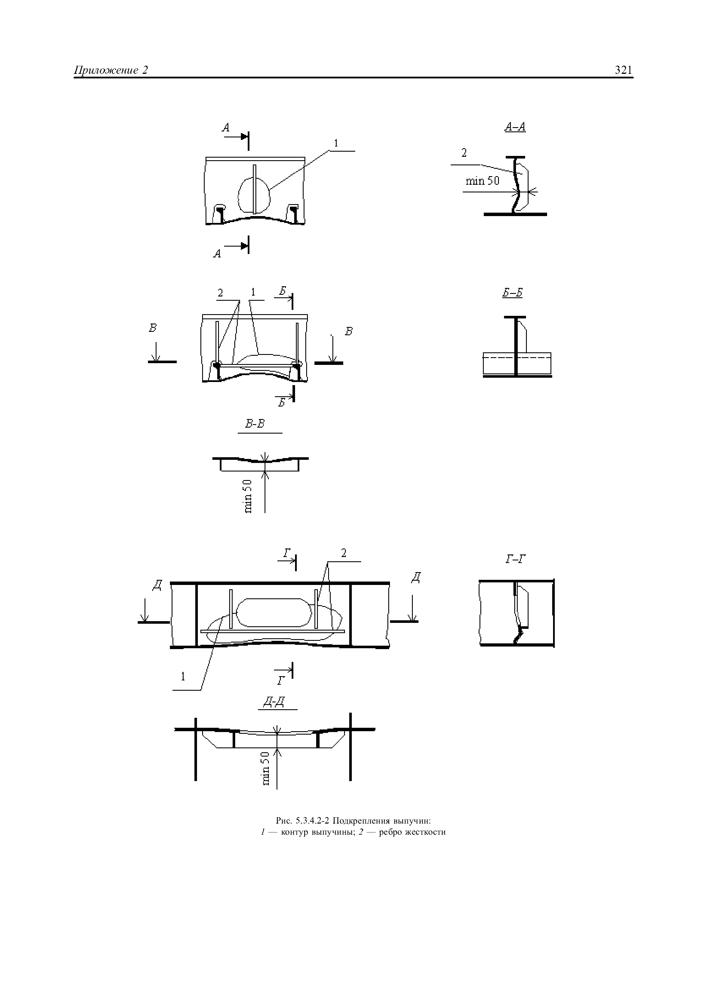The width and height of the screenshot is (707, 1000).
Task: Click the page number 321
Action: tap(623, 70)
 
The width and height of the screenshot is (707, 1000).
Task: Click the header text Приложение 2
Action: tap(111, 70)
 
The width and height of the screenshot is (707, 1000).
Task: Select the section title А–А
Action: tap(515, 127)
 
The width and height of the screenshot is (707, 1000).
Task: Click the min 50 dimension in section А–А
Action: tap(482, 181)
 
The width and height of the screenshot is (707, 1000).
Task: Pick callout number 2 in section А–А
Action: tap(464, 153)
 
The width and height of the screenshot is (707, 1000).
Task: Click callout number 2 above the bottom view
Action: tap(344, 553)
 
